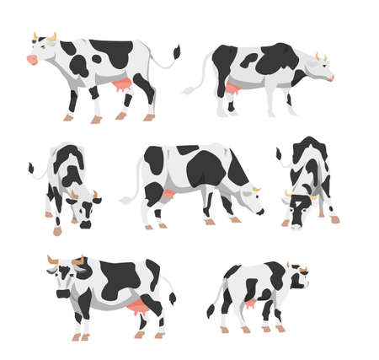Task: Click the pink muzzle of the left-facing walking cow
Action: [x=33, y=60]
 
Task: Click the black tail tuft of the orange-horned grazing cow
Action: [x=30, y=168]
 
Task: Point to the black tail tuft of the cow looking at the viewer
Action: [x=173, y=297]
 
